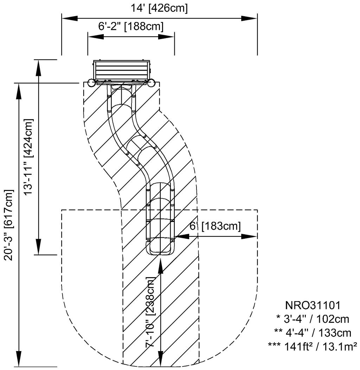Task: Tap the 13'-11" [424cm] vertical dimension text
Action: [28, 157]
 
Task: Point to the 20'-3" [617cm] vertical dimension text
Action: [9, 225]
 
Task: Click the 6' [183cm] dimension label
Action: [215, 227]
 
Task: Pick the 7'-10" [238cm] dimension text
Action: [150, 312]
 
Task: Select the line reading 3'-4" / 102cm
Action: [313, 319]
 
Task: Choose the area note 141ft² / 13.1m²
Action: [313, 345]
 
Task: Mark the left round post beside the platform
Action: [91, 83]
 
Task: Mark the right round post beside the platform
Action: [152, 83]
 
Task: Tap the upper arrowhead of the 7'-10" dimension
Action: [161, 266]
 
